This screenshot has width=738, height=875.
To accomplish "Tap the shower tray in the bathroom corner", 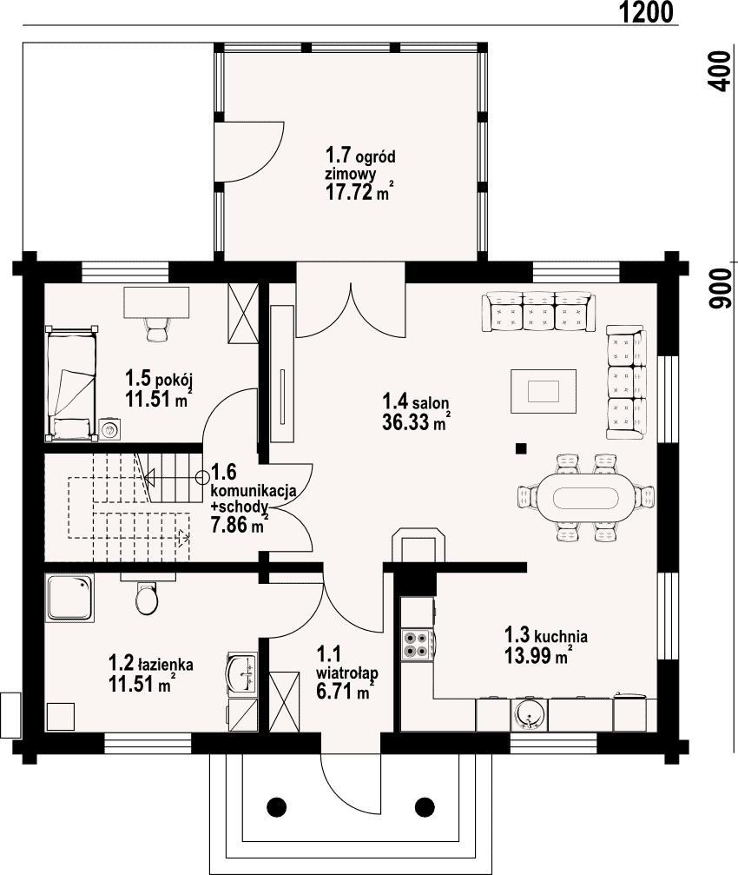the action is tap(70, 598).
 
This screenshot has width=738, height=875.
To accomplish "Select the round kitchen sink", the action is tap(528, 714).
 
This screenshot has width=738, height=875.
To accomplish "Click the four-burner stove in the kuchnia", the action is tap(417, 645).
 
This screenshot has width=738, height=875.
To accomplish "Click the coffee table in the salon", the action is tap(544, 391).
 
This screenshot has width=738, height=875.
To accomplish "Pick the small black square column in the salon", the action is tap(521, 447).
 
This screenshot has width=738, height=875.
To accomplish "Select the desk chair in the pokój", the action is tap(156, 328).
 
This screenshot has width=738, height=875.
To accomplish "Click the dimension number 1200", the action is tap(646, 12).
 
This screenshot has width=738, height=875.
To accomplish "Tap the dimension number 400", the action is tap(719, 71).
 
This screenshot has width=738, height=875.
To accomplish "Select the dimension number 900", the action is tap(719, 288).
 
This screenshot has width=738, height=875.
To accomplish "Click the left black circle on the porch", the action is tap(276, 806).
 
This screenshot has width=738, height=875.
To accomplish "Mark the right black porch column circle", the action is tap(425, 806).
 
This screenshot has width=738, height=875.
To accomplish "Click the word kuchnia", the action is tap(560, 636).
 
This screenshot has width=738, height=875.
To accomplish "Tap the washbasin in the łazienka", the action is tap(241, 673).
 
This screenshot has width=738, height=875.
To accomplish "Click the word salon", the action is tap(432, 401).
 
